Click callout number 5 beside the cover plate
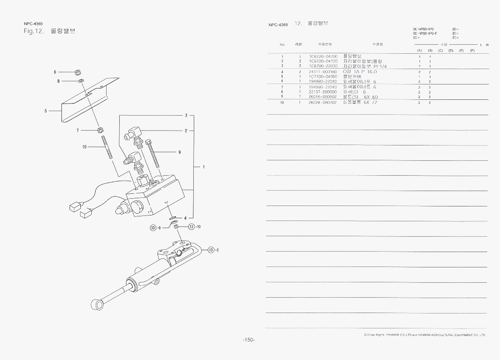click(x=46, y=110)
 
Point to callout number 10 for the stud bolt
click(x=84, y=147)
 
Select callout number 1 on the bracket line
click(x=204, y=167)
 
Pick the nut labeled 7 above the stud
click(x=100, y=131)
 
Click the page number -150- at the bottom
click(x=249, y=340)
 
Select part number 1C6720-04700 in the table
click(x=323, y=56)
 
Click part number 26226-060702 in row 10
click(x=323, y=103)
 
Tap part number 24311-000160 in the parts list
click(x=323, y=72)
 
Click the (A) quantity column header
click(x=419, y=50)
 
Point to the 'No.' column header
click(x=282, y=44)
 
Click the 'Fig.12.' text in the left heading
click(x=33, y=31)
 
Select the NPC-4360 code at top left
click(x=33, y=23)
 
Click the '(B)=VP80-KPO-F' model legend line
click(x=425, y=33)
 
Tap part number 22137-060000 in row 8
click(x=323, y=92)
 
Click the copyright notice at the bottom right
click(x=425, y=335)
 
